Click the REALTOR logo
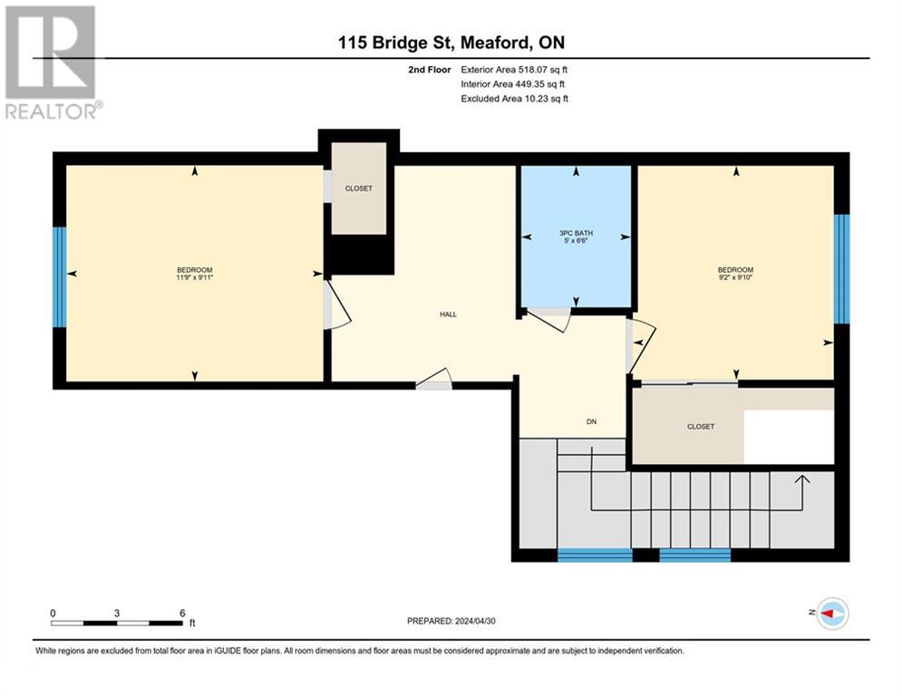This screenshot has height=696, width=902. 52,63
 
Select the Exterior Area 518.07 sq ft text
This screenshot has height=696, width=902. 514,70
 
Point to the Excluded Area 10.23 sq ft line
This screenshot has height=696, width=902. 514,99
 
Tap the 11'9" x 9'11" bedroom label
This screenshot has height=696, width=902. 194,274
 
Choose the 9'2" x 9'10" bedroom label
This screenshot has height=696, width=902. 735,274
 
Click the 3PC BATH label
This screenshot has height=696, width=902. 576,237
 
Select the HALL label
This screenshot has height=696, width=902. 448,314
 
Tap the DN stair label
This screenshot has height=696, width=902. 591,421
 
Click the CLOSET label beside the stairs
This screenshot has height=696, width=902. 701,427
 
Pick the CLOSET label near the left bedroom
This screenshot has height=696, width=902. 358,188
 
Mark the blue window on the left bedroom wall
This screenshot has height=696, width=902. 59,277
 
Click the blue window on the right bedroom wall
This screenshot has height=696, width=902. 841,269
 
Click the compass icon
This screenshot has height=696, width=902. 832,614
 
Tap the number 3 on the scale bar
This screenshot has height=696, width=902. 117,614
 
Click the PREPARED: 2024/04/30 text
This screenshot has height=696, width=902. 451,621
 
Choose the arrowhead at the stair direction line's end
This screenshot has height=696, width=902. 802,478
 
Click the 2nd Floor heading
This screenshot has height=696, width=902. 429,70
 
